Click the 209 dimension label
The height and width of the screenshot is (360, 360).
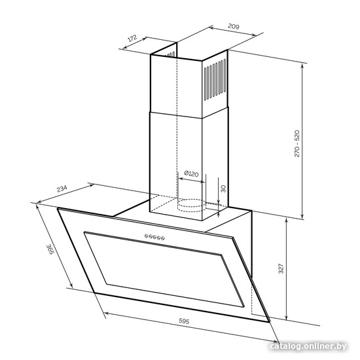coord(234,26)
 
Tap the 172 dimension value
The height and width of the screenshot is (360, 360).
coord(132,38)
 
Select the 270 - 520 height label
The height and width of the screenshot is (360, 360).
coord(297,143)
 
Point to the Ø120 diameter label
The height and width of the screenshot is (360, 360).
coord(191,174)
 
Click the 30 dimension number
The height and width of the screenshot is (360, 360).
coord(223,189)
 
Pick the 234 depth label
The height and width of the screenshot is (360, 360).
coord(62,189)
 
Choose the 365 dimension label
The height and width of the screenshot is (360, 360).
coord(50,249)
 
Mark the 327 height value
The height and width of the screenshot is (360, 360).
coord(281,268)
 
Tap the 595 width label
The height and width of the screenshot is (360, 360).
coord(184,321)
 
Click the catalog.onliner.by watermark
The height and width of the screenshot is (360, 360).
coord(308,346)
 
